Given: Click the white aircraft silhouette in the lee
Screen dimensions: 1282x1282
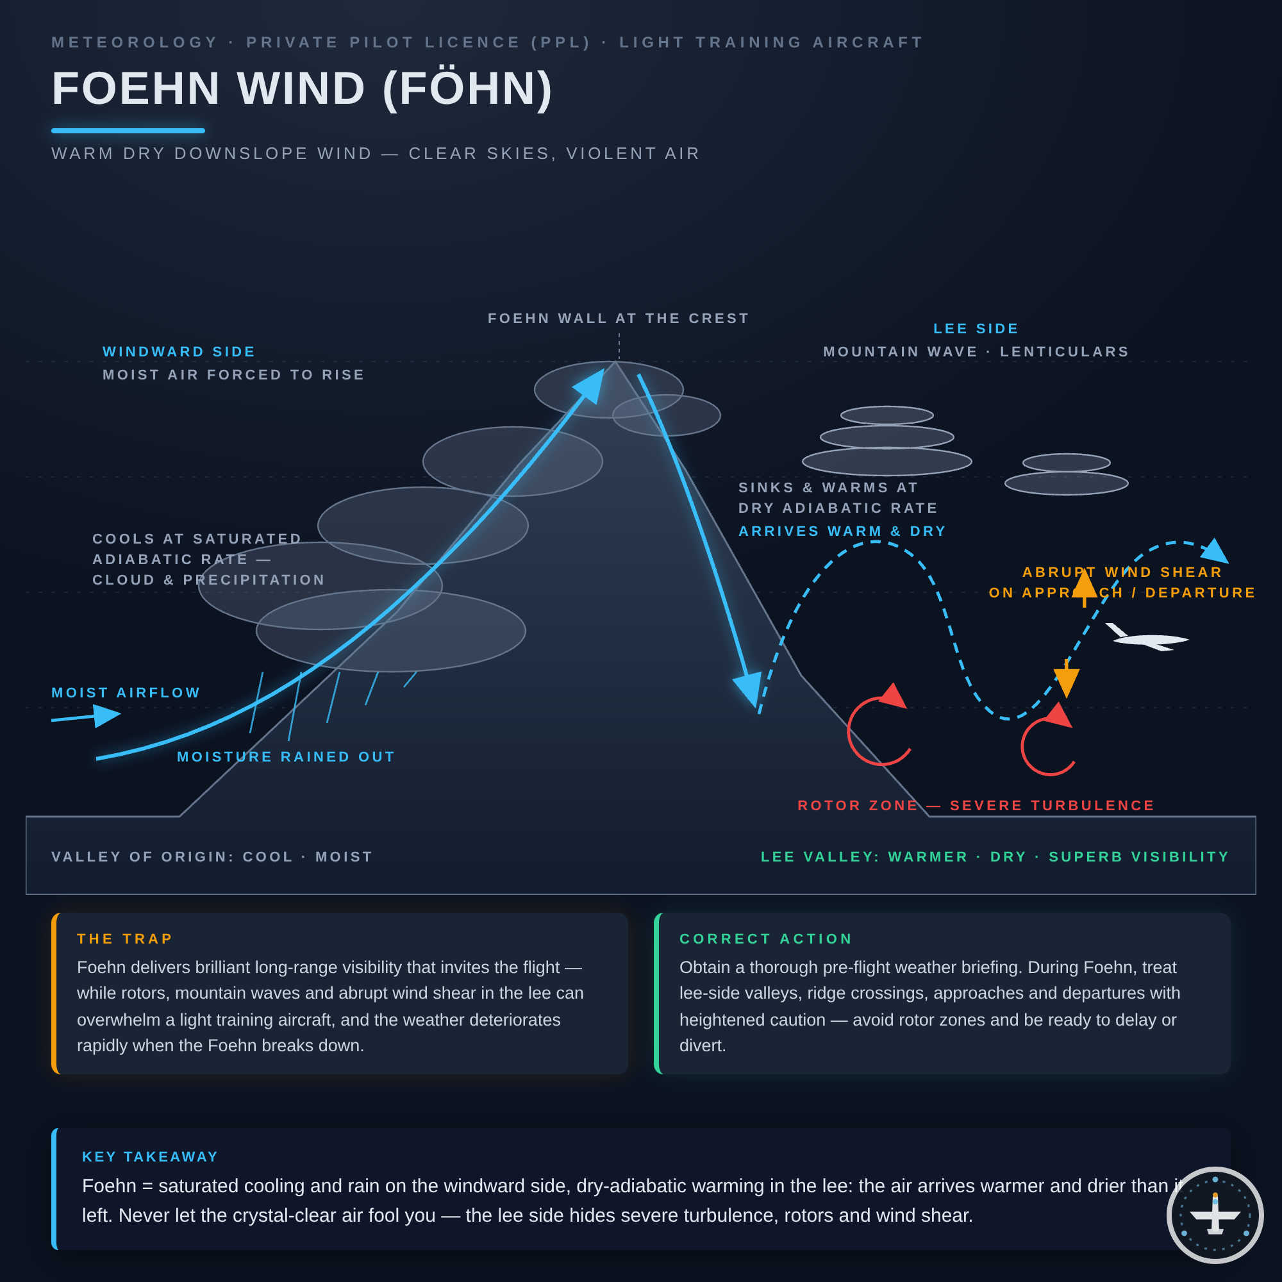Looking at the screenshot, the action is (1147, 638).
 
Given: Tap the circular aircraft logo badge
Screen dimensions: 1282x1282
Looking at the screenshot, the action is (1215, 1215).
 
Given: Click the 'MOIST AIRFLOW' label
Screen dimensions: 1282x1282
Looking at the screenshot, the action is (126, 693).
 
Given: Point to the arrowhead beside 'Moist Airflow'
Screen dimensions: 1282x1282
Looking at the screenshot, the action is (107, 715).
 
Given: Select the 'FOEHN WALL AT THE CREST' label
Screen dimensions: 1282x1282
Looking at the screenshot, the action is (619, 319).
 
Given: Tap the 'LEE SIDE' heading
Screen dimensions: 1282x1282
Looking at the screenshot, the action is (976, 328).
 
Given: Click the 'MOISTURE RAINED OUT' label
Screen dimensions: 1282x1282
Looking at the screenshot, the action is (286, 756).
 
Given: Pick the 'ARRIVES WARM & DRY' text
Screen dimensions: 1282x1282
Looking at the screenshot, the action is (843, 531).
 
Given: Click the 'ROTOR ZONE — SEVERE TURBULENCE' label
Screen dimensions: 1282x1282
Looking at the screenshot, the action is (976, 806).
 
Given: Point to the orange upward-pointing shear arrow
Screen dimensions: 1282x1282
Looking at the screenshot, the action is (1085, 587).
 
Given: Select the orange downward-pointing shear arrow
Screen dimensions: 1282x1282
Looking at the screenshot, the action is (1067, 678).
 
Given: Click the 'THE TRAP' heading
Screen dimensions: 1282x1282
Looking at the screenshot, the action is (125, 939).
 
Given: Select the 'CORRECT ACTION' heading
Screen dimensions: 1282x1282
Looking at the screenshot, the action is (766, 939).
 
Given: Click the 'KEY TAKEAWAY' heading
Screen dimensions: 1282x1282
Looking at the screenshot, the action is (150, 1156).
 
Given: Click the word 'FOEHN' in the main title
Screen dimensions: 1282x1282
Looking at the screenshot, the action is (136, 88).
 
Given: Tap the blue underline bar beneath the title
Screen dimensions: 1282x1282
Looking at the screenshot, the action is (128, 131).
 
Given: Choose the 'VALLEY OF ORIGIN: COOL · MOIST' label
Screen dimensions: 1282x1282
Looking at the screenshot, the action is (212, 856).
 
